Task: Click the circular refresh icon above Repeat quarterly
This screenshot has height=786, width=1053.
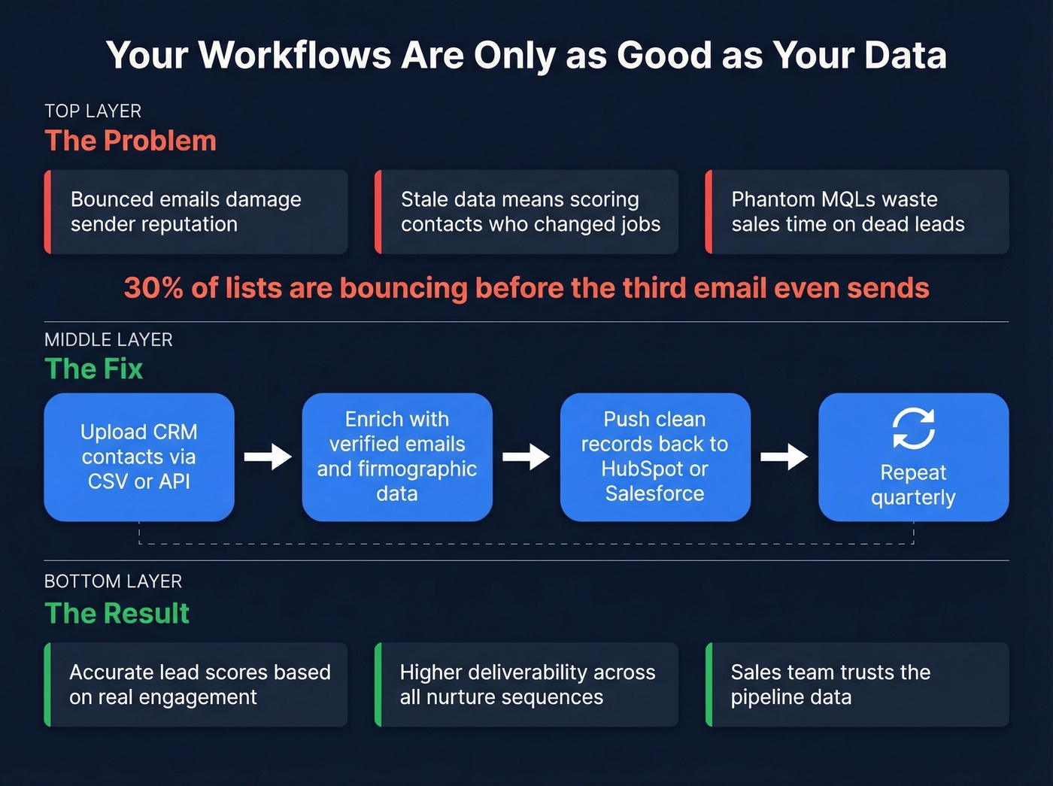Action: pos(913,429)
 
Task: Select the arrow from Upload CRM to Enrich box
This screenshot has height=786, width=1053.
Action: pos(268,457)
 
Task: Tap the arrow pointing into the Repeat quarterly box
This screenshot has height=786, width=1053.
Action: pos(784,457)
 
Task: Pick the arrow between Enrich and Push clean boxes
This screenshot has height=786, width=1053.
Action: pos(526,457)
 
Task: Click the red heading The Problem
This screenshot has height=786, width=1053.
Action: pos(131,141)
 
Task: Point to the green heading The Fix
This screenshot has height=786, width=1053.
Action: pos(94,369)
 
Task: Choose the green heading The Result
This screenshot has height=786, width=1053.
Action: pos(117,614)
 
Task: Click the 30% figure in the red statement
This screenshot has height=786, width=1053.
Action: pos(153,288)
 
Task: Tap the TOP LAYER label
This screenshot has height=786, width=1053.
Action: pos(93,111)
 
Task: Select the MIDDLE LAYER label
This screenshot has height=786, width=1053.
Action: pos(108,340)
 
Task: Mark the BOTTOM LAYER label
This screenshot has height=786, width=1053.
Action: pos(113,581)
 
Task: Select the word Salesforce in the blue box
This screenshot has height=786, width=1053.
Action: pos(654,494)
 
